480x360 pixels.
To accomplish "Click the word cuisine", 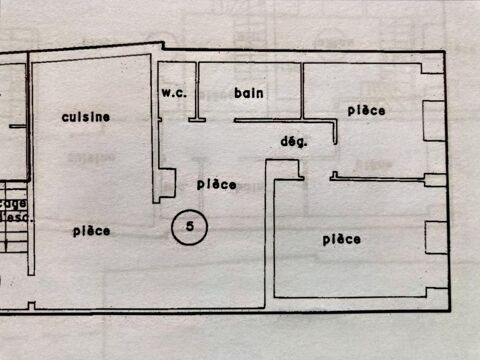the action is [x=85, y=117].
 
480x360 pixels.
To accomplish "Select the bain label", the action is [x=248, y=93].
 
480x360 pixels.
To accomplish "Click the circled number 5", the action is [x=189, y=227].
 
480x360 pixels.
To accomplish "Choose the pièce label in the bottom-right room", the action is [x=341, y=239].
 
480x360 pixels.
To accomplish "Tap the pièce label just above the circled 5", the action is [x=216, y=184].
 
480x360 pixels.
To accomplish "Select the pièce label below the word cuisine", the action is [x=91, y=231].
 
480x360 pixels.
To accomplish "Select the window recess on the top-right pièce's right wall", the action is [x=431, y=117].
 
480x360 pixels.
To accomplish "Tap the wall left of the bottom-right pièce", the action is [x=271, y=235].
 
